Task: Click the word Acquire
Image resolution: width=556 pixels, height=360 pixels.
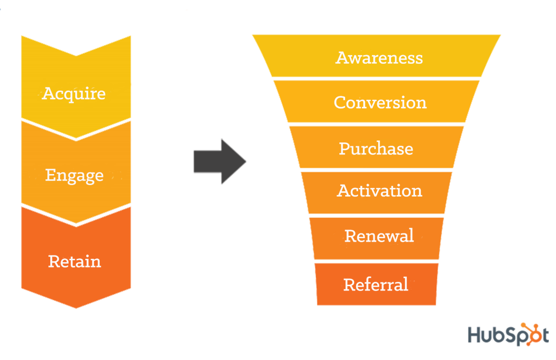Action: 74,94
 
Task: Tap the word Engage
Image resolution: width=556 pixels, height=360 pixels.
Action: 74,175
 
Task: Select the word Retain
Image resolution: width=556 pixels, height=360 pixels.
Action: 74,261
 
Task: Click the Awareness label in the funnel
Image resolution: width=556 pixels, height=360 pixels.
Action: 379,58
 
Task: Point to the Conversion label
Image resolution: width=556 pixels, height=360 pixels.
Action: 380,103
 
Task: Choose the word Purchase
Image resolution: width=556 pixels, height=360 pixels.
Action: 376,149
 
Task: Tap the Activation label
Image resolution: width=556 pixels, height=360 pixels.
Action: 380,191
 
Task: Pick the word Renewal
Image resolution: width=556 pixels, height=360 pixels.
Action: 379,236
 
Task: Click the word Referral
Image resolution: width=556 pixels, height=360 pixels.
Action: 376,284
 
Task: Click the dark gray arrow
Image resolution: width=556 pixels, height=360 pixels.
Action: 220,162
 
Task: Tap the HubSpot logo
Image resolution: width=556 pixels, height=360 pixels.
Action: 509,334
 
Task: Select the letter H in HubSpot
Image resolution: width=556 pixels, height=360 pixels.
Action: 475,335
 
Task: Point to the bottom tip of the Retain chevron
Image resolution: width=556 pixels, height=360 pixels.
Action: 76,308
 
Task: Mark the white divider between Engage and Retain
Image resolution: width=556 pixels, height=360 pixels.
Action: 76,215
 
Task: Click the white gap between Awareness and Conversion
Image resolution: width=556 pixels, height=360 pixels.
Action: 377,79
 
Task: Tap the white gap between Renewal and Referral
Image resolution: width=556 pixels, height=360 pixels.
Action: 377,261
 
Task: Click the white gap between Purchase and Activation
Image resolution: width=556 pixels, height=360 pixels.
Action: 377,170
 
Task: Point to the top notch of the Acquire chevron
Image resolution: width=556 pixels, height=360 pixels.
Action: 76,56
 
